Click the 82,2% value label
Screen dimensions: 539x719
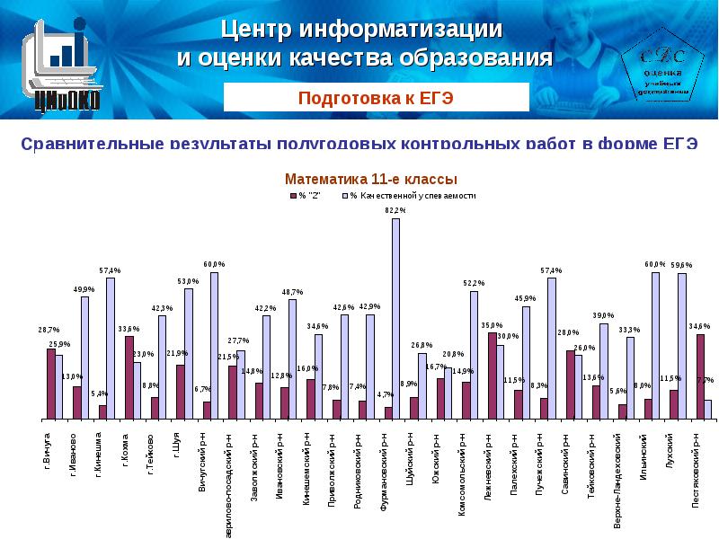tap(395, 210)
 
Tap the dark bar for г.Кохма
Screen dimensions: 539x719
tap(129, 377)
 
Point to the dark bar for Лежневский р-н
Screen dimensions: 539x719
tap(492, 376)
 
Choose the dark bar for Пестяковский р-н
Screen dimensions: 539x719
tap(700, 376)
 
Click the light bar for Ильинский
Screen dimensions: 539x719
tap(656, 346)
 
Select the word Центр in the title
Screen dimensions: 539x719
tap(253, 29)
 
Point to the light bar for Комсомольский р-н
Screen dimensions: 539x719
tap(474, 355)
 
